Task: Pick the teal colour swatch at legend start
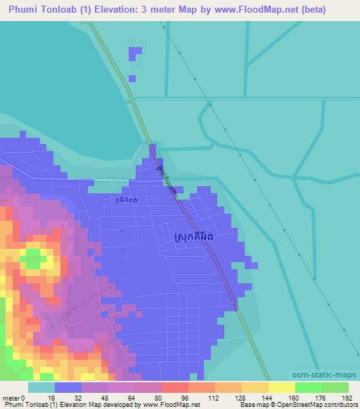point(41,387)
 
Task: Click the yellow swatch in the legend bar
point(281,387)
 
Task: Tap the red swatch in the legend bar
point(175,387)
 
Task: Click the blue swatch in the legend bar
point(68,387)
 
